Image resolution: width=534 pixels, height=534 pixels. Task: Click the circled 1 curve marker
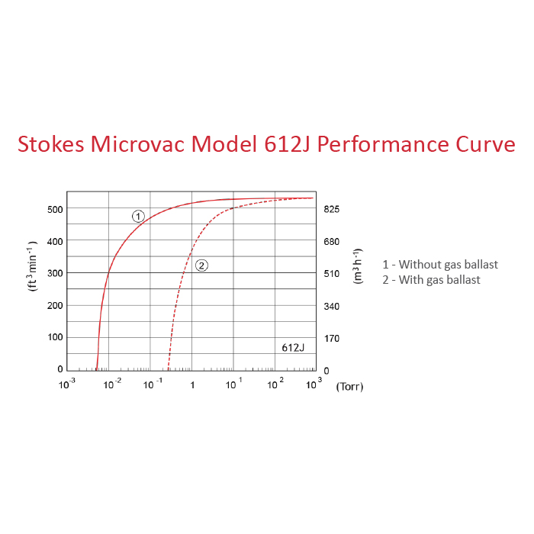(138, 216)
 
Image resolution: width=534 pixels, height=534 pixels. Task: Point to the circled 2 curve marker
(201, 265)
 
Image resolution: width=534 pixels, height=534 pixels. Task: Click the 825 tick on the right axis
(332, 210)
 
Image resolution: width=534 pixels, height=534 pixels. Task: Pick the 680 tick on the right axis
(332, 243)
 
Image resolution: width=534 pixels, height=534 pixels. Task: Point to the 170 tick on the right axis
(332, 339)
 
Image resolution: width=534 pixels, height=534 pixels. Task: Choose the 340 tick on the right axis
(332, 307)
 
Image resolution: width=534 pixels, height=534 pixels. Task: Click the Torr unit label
(349, 387)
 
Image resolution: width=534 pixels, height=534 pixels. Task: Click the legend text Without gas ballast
(440, 265)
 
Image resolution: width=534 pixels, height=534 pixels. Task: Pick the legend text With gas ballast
(432, 280)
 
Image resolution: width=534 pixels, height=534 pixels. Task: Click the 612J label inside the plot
(294, 348)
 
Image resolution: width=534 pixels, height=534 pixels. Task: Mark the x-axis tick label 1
(192, 386)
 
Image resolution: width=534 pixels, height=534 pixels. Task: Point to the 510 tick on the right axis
(332, 275)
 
